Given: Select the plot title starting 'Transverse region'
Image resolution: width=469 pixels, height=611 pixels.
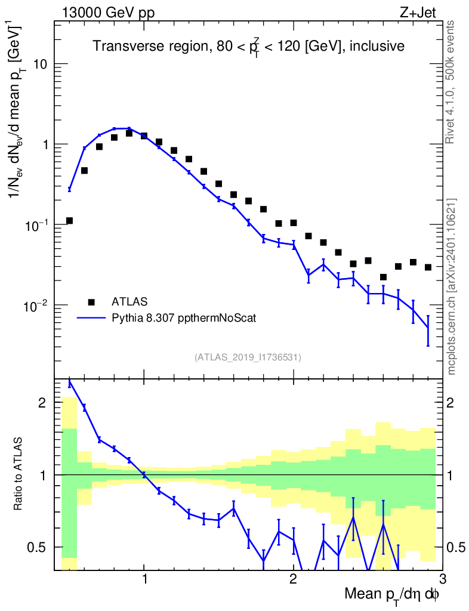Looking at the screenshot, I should coord(249,47).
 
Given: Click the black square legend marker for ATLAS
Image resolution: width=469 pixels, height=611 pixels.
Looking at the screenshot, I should coord(91,301).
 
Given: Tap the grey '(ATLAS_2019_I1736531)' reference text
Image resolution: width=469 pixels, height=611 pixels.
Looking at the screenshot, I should coord(248,357).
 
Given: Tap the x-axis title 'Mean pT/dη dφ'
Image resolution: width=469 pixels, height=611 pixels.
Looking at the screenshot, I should coord(392,595).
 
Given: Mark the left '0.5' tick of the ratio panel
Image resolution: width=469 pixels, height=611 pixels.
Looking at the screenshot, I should coord(40,547).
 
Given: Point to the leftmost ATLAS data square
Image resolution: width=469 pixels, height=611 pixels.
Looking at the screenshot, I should coord(69,221).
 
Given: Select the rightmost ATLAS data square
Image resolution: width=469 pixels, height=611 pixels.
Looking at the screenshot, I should coord(428,267).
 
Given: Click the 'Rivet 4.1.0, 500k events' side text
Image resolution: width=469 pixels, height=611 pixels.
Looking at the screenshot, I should coord(451,82).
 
